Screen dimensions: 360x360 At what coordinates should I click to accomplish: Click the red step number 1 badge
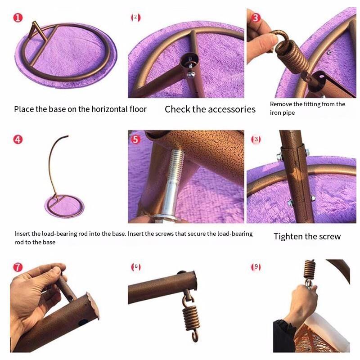click(18, 18)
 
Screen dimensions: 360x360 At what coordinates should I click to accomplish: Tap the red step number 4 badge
click(18, 139)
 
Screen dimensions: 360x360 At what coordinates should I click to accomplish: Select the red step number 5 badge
click(135, 139)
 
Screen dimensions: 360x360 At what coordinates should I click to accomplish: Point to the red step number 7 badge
click(18, 267)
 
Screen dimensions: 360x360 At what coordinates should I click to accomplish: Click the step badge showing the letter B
click(136, 267)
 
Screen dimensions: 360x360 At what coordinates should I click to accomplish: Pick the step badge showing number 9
click(256, 267)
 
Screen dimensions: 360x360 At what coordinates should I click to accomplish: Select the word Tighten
click(288, 237)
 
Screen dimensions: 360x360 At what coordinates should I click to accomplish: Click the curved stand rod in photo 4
click(54, 165)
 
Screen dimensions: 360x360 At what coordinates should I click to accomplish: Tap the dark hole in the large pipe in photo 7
click(83, 322)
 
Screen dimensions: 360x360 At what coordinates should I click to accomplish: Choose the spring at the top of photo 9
click(310, 270)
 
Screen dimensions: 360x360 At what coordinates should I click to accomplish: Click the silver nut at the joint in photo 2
click(190, 74)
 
